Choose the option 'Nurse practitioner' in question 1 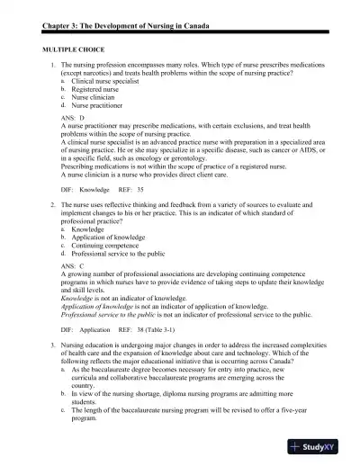point(101,105)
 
